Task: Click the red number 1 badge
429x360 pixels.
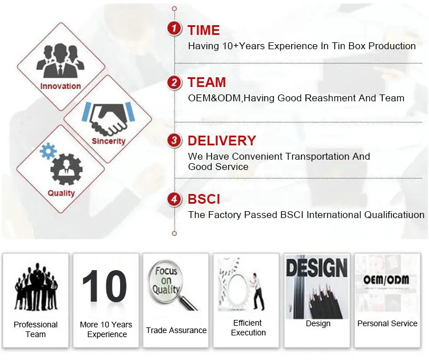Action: pos(174,28)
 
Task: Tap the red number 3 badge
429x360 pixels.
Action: pos(174,140)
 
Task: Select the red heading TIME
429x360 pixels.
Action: pos(204,30)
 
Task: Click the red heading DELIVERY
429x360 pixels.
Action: pos(221,140)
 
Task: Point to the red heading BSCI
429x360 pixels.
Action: pos(204,199)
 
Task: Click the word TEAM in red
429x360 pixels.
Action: pos(206,82)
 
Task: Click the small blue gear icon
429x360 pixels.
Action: pos(48,151)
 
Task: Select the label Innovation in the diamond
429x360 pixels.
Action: pos(61,86)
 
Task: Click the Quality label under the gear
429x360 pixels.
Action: pos(61,193)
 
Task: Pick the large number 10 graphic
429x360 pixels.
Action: pos(104,286)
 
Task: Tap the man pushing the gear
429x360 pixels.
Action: pos(259,291)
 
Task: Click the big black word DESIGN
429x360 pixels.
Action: pos(317,267)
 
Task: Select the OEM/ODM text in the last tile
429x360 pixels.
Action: pos(387,280)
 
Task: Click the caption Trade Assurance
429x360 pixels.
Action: pos(176,330)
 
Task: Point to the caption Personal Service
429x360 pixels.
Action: pos(387,323)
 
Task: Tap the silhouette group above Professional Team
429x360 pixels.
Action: pos(36,287)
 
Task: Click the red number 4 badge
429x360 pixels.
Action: pos(174,199)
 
